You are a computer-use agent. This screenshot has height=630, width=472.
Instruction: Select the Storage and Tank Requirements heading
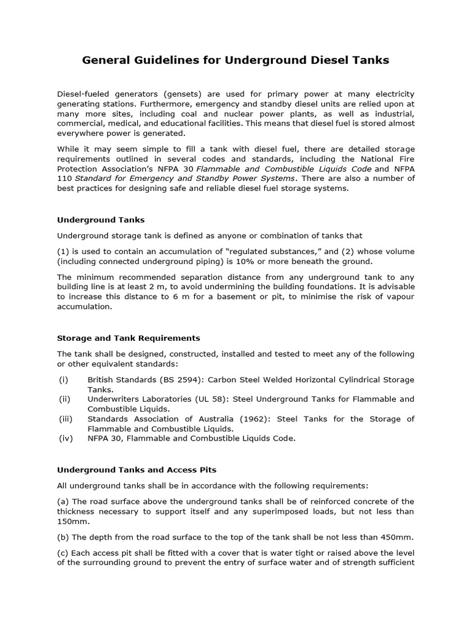[x=128, y=338]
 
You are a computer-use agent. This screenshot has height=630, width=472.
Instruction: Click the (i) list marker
[x=63, y=380]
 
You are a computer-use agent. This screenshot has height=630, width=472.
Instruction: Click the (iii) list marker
[x=66, y=419]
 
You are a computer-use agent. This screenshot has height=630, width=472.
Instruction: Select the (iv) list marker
[x=66, y=438]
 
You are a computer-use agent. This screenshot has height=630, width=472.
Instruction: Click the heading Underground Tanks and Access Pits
[x=136, y=469]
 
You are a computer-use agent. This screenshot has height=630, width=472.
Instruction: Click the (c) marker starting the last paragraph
[x=64, y=552]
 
